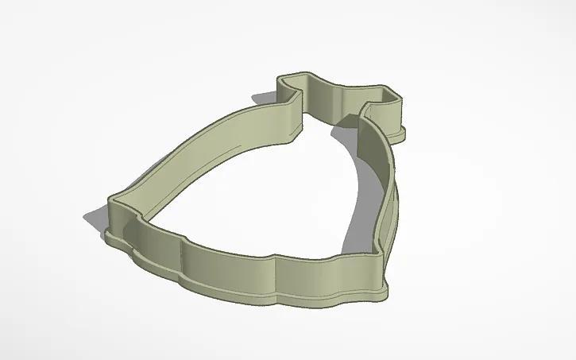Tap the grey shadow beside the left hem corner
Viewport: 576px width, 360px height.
(94, 215)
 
